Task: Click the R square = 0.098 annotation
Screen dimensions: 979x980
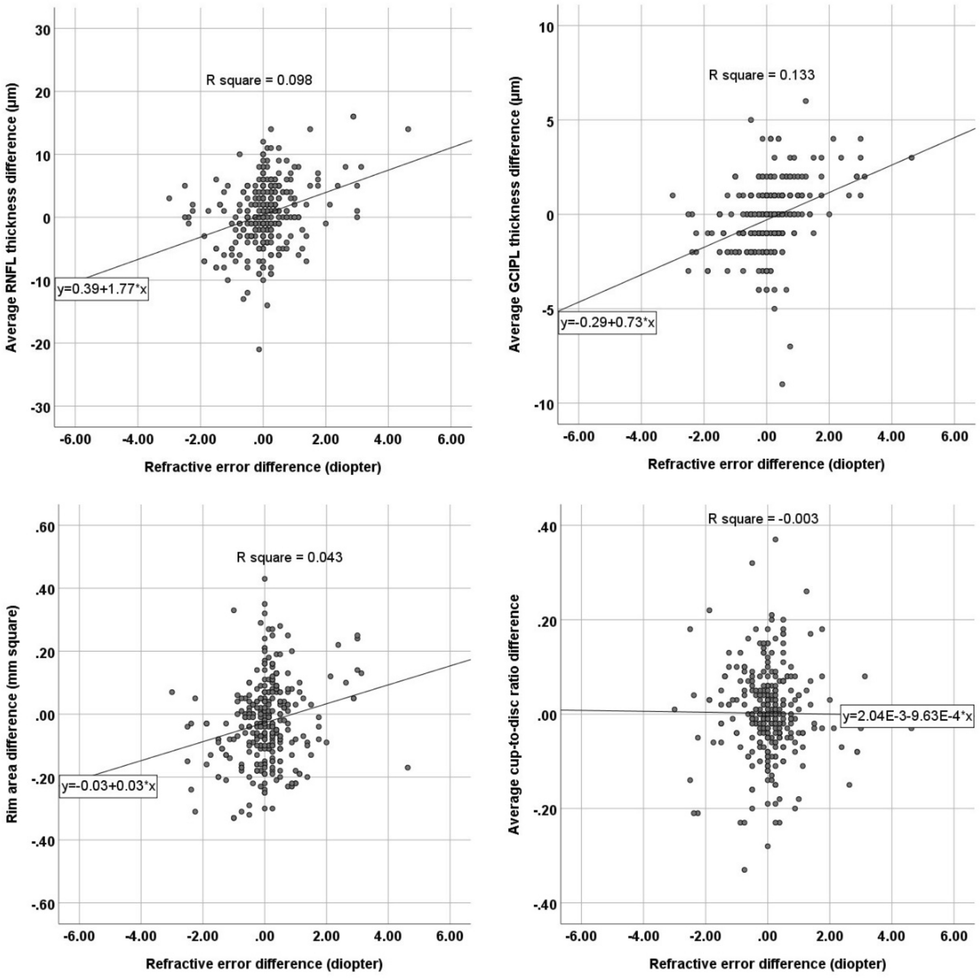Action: pos(259,80)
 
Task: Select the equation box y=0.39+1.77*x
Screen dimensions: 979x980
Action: pos(102,289)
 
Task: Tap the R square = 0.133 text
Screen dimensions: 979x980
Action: pos(761,75)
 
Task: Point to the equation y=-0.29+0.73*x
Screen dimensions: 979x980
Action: pos(607,323)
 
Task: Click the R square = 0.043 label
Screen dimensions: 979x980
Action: pos(289,557)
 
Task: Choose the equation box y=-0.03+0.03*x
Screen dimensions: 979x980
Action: pos(108,786)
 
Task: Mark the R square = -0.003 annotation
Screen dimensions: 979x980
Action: pos(763,519)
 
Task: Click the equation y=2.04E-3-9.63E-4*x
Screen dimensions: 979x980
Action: pos(907,716)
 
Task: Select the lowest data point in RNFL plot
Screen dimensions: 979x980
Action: pos(259,349)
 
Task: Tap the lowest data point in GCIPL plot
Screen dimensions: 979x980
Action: pos(782,384)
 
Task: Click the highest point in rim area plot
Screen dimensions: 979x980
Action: pos(265,579)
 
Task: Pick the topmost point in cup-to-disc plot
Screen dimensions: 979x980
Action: pos(775,539)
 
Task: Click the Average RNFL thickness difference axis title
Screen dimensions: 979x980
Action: pos(12,217)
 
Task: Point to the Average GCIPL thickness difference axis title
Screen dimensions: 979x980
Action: pos(515,214)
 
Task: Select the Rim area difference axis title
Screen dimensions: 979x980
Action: pos(12,714)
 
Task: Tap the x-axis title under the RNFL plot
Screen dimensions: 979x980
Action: pos(263,467)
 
